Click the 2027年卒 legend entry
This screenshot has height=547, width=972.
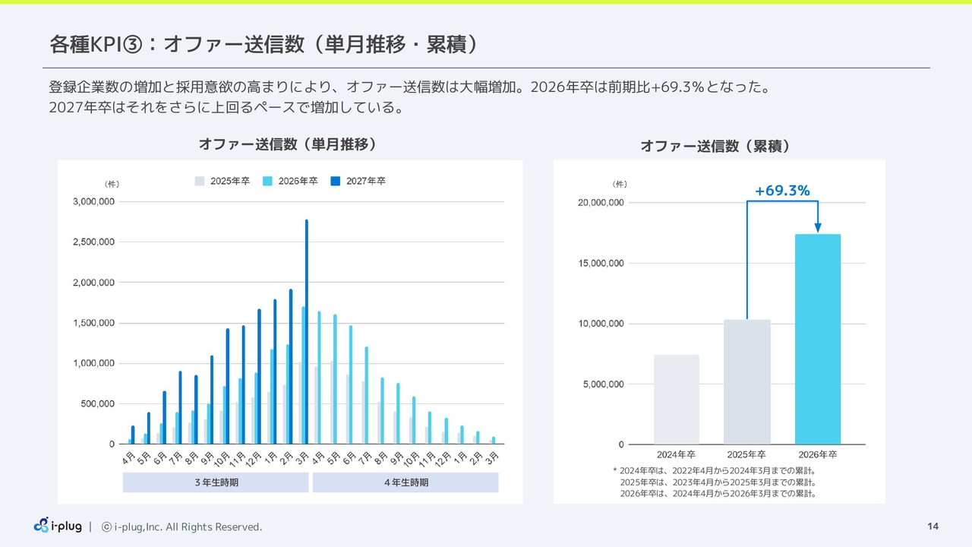click(x=358, y=181)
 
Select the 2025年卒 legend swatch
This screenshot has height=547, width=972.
click(x=200, y=181)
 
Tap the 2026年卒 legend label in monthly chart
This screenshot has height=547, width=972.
click(x=298, y=181)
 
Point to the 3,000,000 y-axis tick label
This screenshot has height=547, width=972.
click(x=93, y=201)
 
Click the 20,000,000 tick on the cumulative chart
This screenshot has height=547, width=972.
click(x=601, y=203)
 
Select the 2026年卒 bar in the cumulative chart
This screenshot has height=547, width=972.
click(x=818, y=339)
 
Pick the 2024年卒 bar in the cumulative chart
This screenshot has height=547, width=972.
click(x=677, y=400)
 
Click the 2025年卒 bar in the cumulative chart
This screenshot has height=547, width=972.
click(x=746, y=382)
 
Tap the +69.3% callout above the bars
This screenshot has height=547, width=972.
click(x=782, y=191)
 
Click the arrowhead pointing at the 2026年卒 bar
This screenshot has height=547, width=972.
click(x=818, y=227)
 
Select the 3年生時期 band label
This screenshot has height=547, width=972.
click(x=216, y=482)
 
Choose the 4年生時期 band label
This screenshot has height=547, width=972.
click(x=406, y=482)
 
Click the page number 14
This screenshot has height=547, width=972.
click(x=933, y=526)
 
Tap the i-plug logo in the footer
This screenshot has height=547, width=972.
click(x=58, y=526)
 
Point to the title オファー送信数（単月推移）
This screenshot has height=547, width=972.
click(x=288, y=144)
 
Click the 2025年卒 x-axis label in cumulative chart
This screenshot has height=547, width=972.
click(x=746, y=454)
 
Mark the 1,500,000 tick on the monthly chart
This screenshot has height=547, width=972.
click(x=93, y=323)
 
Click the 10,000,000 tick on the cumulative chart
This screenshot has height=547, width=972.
click(x=601, y=324)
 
